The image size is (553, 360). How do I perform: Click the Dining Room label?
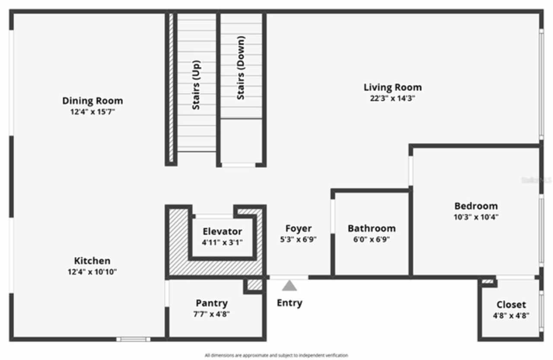92,101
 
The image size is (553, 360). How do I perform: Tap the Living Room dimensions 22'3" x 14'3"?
392,98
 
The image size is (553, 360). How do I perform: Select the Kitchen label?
92,261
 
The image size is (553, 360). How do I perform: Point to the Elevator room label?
222,231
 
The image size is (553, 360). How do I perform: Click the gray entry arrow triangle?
289,286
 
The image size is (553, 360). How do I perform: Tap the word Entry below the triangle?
289,303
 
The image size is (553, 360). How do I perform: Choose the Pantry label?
212,303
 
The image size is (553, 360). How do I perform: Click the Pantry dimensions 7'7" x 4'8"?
212,314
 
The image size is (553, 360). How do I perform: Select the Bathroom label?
372,228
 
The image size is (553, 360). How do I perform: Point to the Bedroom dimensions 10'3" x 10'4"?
476,217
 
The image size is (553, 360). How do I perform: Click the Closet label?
511,304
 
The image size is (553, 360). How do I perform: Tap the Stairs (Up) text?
196,85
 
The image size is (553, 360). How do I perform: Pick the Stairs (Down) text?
241,68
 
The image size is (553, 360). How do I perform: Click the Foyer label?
298,228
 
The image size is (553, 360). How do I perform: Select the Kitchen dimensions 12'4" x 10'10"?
92,272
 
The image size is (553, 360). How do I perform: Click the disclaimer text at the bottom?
276,355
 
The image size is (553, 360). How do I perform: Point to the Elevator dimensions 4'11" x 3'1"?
222,242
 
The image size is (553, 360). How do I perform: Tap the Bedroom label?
476,206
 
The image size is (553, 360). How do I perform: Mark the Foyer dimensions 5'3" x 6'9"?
298,240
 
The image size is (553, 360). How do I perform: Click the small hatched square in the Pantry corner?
255,285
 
